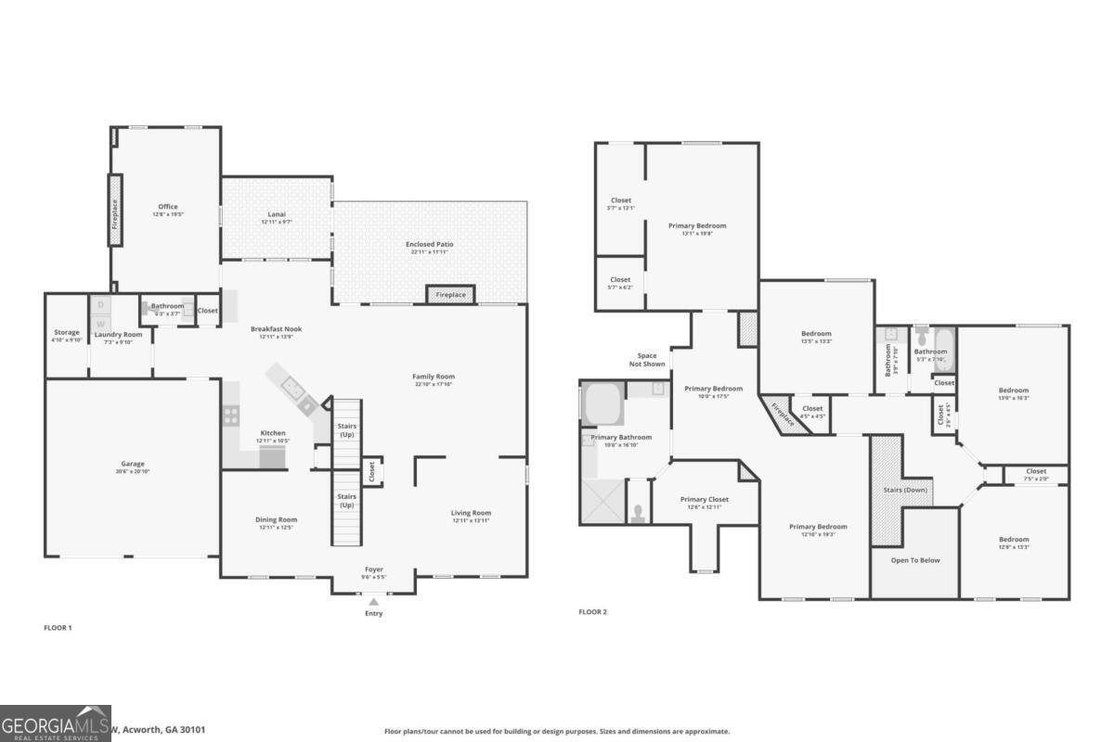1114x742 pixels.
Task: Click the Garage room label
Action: click(132, 464)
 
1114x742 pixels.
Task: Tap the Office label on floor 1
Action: click(167, 207)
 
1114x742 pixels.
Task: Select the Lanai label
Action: click(277, 214)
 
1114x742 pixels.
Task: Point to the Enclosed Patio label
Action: click(430, 244)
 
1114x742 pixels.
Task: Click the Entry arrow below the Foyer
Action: click(373, 603)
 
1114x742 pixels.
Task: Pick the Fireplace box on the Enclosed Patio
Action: click(451, 294)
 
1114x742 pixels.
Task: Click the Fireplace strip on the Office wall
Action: click(115, 210)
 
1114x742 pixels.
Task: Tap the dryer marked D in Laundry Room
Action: click(101, 304)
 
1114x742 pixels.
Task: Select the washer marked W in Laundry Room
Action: click(101, 322)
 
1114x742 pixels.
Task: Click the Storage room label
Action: click(66, 332)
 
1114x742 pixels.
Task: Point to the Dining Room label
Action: click(276, 519)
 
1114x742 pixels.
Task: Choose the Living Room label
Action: click(472, 513)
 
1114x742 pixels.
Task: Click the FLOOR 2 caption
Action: click(592, 612)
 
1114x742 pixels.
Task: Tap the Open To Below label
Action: click(915, 560)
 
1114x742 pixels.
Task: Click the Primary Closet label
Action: click(705, 499)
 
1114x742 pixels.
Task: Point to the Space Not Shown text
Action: click(647, 360)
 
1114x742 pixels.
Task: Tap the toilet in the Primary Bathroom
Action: click(639, 513)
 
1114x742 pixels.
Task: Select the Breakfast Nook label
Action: click(276, 328)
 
